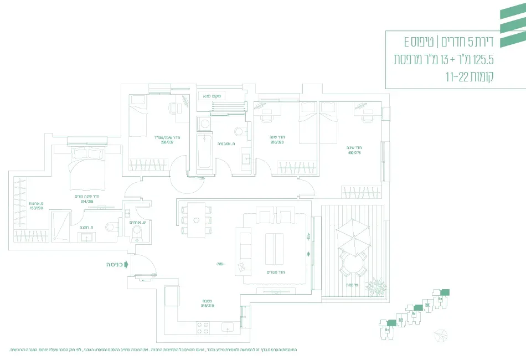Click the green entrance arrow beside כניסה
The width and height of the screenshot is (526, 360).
(x=127, y=265)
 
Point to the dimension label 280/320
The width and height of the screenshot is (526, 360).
(x=277, y=142)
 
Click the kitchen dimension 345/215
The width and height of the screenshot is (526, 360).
(x=207, y=306)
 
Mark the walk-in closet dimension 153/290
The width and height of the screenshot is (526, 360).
(x=36, y=208)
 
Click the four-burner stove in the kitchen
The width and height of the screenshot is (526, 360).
(x=202, y=328)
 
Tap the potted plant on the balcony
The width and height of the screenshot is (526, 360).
(x=378, y=287)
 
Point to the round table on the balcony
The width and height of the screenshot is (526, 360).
(x=353, y=266)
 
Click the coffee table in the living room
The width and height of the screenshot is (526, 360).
(x=274, y=249)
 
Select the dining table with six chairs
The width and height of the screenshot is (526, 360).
(x=195, y=220)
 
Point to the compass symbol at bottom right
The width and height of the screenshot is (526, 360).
(x=441, y=336)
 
